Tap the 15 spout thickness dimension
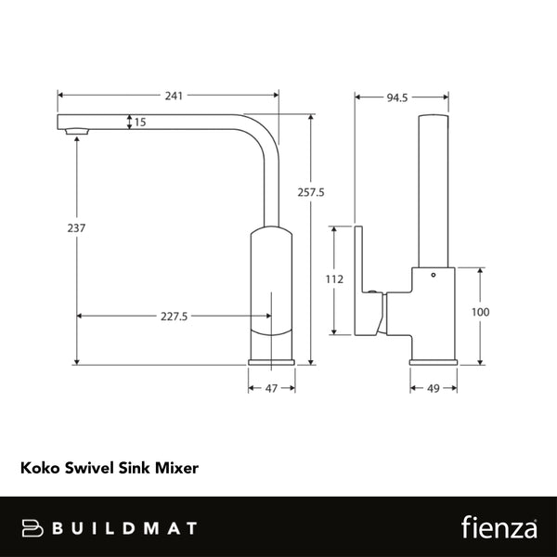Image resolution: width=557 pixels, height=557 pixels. pyautogui.click(x=140, y=122)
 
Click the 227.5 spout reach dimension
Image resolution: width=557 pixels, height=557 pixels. pyautogui.click(x=174, y=317)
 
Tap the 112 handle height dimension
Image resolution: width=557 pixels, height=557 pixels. pyautogui.click(x=336, y=279)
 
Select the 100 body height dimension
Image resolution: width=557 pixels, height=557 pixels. pyautogui.click(x=479, y=313)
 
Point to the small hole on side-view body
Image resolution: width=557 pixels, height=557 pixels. pyautogui.click(x=431, y=278)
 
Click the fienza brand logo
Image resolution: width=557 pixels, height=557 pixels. pyautogui.click(x=498, y=527)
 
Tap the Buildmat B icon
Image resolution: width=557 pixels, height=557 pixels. pyautogui.click(x=33, y=527)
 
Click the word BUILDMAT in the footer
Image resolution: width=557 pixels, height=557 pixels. pyautogui.click(x=125, y=527)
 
